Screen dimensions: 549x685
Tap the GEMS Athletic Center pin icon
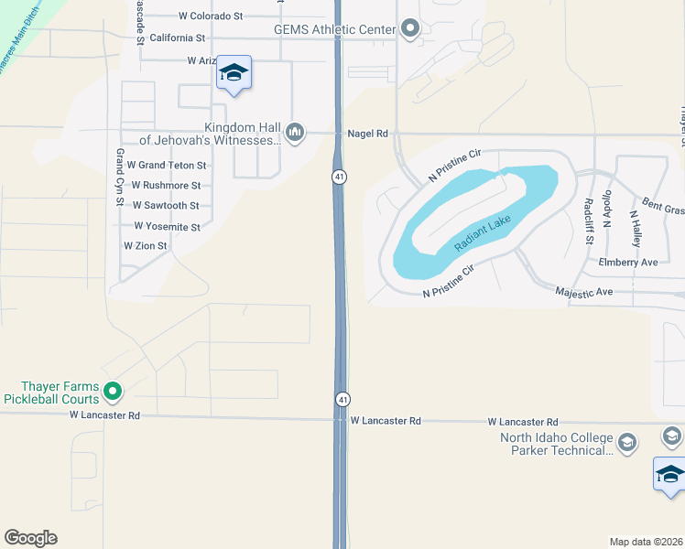click(409, 30)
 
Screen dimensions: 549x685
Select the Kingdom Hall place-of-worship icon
click(295, 134)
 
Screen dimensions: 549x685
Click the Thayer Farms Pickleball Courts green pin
click(113, 392)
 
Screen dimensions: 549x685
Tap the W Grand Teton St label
click(167, 166)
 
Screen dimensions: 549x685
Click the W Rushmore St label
click(166, 186)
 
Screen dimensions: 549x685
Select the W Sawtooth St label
click(166, 206)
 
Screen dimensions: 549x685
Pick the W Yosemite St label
click(167, 226)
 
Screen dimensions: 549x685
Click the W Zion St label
click(146, 246)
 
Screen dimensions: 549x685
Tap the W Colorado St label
click(211, 16)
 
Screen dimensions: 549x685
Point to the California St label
click(178, 38)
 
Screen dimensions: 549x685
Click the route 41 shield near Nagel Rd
click(339, 176)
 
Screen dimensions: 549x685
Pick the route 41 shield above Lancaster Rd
click(342, 399)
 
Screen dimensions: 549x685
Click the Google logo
click(30, 538)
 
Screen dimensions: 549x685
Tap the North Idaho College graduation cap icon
click(627, 443)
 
